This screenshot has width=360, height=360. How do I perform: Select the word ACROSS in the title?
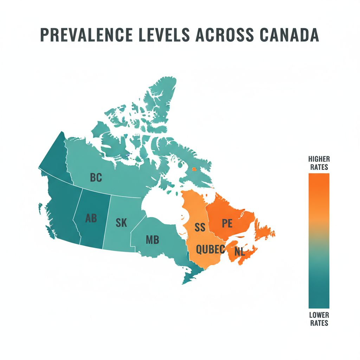point(220,35)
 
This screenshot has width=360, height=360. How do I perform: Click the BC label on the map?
point(96,178)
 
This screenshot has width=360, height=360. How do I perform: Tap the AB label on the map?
point(91,218)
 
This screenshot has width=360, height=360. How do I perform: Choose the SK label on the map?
point(121,223)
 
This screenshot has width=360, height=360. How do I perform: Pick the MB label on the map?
point(152,240)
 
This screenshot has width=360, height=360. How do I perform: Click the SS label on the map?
point(200,227)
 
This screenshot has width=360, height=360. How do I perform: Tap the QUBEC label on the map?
point(210,249)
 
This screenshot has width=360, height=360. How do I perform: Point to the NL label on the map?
point(239,252)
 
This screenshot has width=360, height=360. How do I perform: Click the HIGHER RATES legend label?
point(319,163)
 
